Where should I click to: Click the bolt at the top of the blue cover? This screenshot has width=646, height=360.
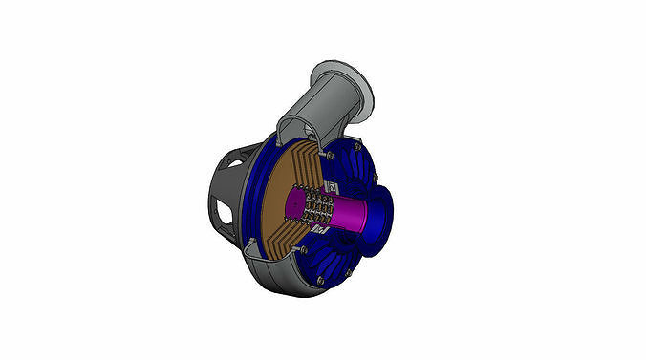(331, 153)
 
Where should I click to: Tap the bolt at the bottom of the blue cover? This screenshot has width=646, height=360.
(320, 280)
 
